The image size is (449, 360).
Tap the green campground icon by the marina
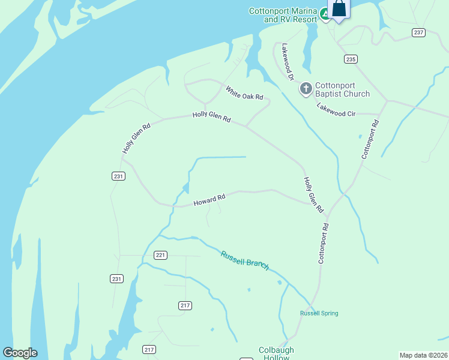pos(325,13)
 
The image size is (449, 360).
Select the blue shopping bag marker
pos(339,9)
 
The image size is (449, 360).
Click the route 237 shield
pos(419,32)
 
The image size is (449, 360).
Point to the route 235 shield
pos(351,59)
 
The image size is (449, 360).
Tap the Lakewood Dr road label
pos(288,62)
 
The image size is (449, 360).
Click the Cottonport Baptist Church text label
pos(343,89)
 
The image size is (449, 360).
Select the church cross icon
pos(306,89)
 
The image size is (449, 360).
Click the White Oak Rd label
pos(244,93)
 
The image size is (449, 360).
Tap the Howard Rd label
pos(209,200)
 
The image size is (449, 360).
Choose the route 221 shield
pos(160,255)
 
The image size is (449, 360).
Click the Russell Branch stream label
pos(244,260)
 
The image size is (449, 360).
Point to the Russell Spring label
pos(319,313)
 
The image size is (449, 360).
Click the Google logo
pos(20,353)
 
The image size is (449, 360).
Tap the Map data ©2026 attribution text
pos(423,355)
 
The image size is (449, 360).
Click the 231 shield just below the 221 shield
pos(116,278)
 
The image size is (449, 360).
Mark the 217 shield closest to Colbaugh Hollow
pos(149,349)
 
